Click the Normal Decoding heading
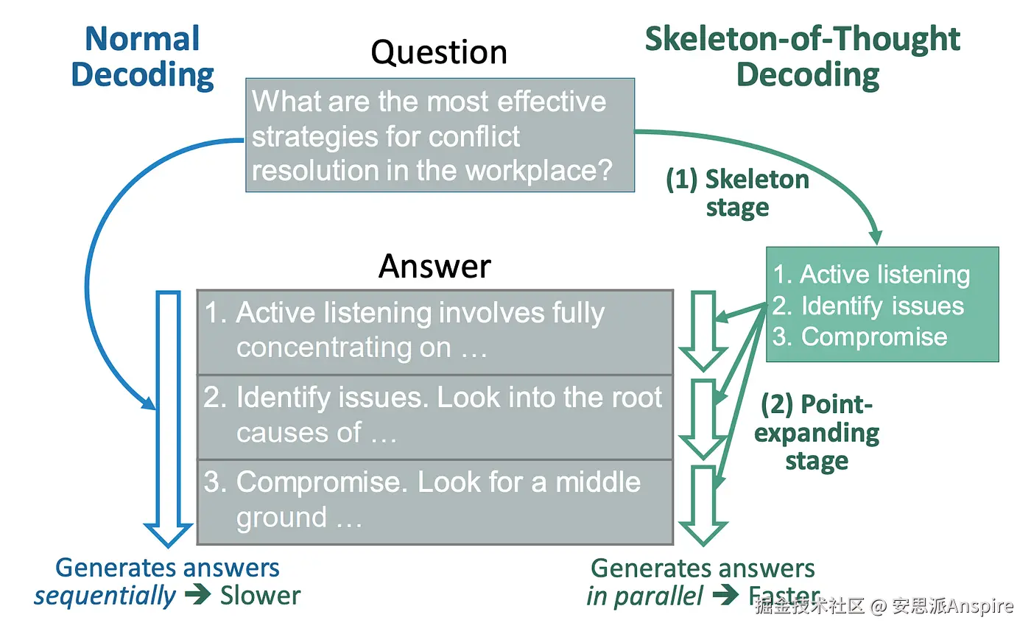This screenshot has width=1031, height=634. (142, 57)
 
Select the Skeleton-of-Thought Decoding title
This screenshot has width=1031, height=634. (803, 57)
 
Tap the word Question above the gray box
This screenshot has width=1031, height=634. (439, 52)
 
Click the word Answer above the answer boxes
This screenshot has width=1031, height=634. (434, 266)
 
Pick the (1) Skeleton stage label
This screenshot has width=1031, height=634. (737, 193)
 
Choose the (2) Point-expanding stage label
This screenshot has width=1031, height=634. (817, 433)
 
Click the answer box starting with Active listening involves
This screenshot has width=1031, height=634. (434, 331)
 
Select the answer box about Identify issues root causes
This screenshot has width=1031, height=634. (434, 416)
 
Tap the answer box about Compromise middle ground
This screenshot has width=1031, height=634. (434, 501)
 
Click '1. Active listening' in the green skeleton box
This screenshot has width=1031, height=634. (871, 275)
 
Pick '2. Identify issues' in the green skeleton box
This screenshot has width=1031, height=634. (868, 306)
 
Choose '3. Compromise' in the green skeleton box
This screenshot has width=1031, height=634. (859, 337)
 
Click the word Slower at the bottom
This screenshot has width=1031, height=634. (260, 595)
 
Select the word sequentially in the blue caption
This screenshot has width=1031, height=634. (105, 595)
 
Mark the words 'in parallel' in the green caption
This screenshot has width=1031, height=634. (644, 595)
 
